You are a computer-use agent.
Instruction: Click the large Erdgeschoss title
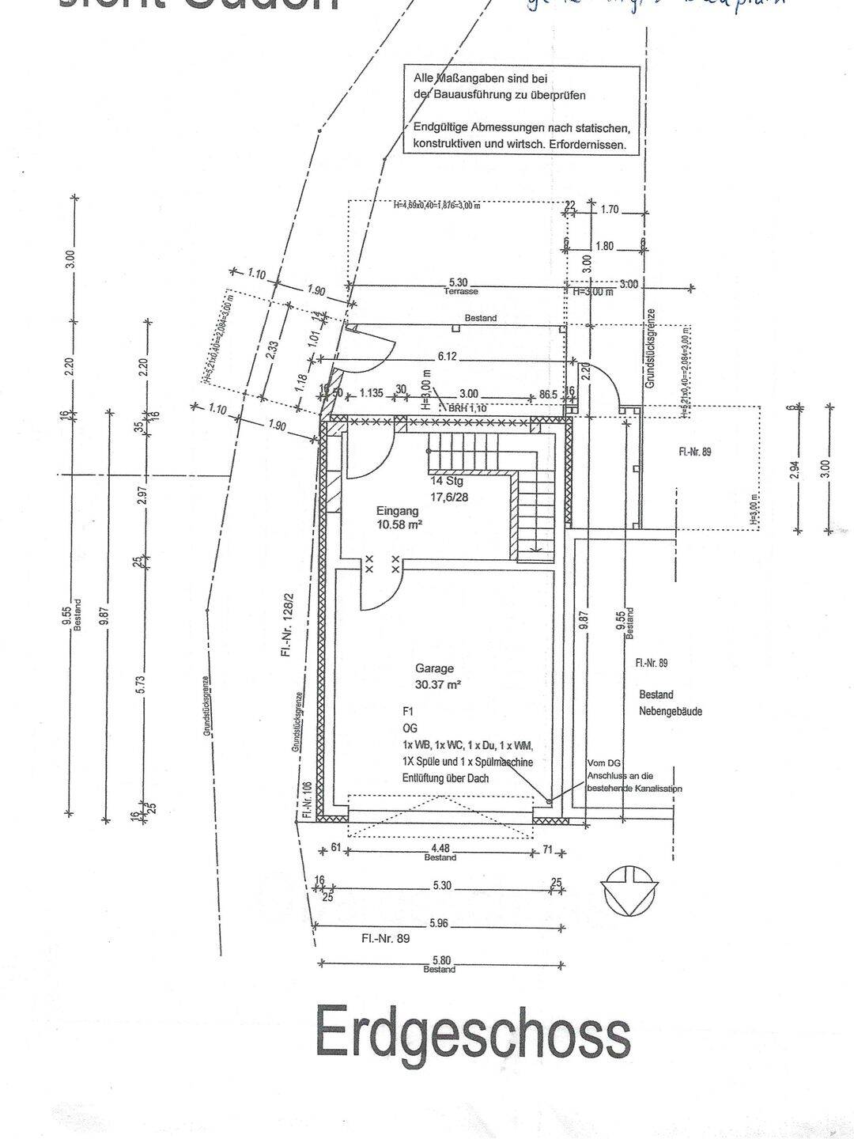(x=473, y=1031)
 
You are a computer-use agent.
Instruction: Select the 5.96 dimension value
(x=440, y=922)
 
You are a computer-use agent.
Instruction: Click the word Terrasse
(x=460, y=292)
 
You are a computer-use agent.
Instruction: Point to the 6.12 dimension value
(x=447, y=357)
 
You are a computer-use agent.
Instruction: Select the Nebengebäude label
(x=670, y=711)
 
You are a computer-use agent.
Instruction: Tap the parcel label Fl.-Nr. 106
(x=306, y=799)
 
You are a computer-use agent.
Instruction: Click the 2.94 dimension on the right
(x=795, y=469)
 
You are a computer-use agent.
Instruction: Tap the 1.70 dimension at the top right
(x=610, y=210)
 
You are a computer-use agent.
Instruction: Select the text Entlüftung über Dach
(x=445, y=778)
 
